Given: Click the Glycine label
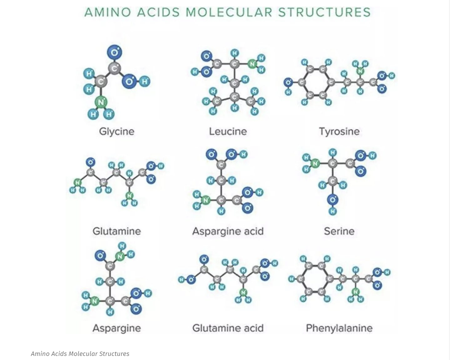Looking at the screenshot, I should (117, 131).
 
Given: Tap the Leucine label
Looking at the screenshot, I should (228, 131).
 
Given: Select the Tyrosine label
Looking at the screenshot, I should (339, 131).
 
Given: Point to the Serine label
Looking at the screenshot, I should (339, 231).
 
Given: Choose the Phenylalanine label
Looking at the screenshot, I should (339, 328).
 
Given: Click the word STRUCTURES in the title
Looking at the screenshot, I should (324, 12).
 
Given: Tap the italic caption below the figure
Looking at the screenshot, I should (80, 354).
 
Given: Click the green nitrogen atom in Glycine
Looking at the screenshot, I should (101, 102).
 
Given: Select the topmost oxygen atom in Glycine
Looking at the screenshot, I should (114, 52).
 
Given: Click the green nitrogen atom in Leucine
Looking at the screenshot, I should (252, 64).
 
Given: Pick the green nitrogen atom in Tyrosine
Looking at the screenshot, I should (360, 71).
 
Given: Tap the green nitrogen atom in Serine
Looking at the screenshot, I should (315, 163).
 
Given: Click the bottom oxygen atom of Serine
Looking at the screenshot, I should (332, 199).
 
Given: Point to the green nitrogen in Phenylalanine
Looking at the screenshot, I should (355, 292).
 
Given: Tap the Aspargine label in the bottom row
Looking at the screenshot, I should (117, 328).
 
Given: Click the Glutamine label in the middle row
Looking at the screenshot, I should (117, 231).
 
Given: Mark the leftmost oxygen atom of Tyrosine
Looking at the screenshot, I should (288, 82).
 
